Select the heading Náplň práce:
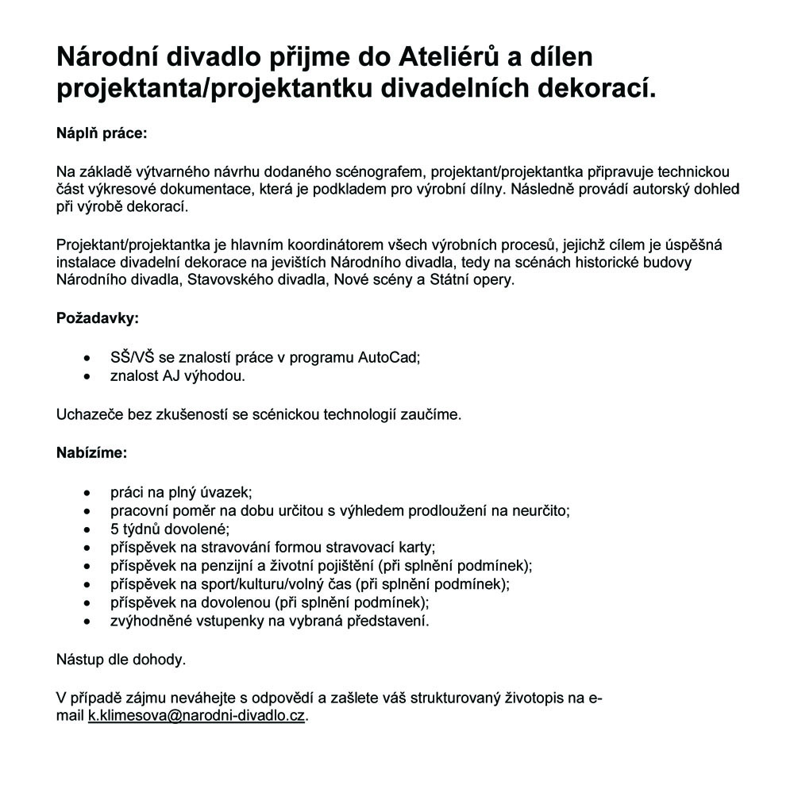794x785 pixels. pyautogui.click(x=102, y=133)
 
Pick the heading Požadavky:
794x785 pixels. pyautogui.click(x=97, y=318)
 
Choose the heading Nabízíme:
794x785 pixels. pyautogui.click(x=91, y=453)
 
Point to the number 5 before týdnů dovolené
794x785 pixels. pyautogui.click(x=114, y=529)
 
